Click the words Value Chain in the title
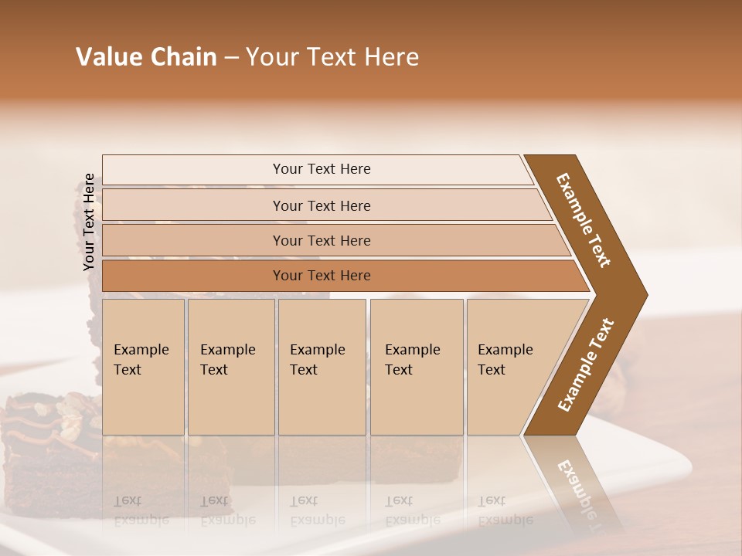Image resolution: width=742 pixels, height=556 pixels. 146,57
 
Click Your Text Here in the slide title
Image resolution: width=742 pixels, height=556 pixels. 332,57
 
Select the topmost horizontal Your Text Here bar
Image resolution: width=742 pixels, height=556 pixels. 321,169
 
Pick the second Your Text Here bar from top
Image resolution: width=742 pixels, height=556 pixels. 321,205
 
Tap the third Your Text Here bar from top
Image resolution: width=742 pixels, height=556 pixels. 321,240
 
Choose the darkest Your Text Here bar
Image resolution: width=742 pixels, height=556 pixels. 321,276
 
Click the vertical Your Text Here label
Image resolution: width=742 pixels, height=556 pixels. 90,222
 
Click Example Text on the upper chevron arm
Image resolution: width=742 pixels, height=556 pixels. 584,220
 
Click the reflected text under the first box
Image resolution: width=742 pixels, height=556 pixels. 142,510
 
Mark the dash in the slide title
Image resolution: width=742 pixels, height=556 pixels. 231,58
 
